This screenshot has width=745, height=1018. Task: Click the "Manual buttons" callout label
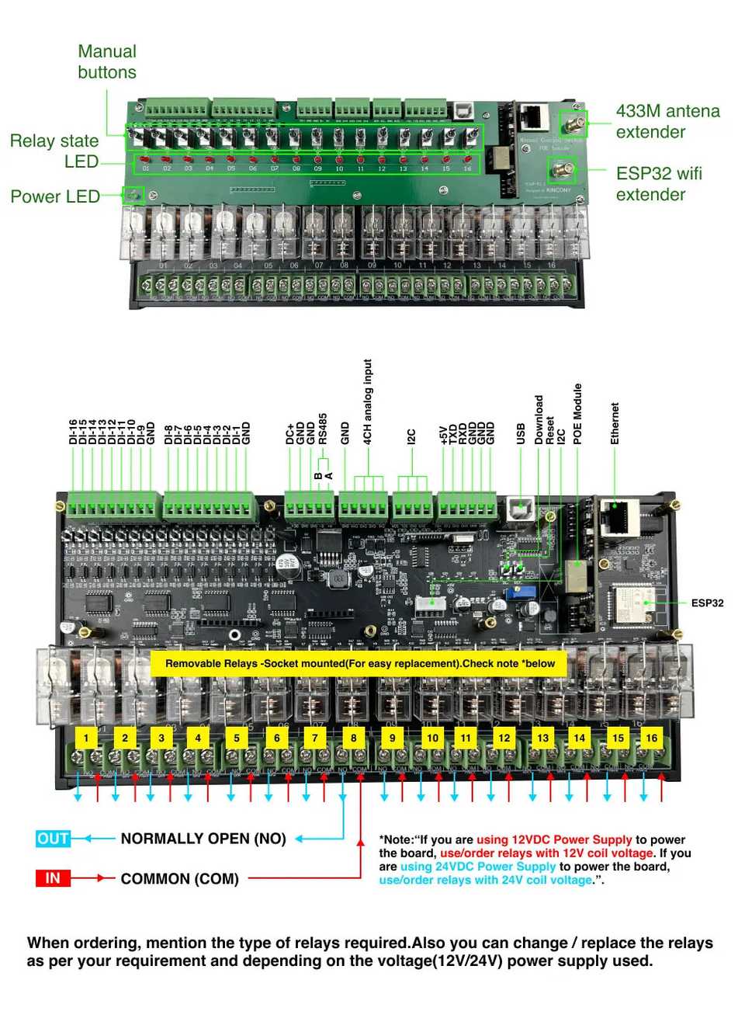107,62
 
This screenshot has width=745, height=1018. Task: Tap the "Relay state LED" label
54,151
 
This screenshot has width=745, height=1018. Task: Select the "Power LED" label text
55,196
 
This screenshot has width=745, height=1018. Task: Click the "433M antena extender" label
667,121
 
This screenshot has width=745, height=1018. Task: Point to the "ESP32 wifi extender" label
659,184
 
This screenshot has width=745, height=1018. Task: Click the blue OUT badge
53,839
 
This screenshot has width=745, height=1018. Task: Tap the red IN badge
53,878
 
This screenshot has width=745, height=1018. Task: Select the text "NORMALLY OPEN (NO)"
203,839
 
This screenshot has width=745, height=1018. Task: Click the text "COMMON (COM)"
180,879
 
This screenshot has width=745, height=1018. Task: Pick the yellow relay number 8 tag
354,738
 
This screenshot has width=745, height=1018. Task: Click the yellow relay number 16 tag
651,738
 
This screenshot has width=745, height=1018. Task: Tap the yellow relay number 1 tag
86,738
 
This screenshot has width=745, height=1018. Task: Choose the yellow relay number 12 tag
504,738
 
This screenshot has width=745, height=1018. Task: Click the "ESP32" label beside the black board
707,603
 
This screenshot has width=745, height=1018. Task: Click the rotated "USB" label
521,433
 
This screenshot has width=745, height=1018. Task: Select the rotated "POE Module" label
577,414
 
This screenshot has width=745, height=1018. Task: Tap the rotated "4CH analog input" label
368,401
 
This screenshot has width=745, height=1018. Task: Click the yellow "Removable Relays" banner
359,664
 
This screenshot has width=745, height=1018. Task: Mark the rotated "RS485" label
323,429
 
